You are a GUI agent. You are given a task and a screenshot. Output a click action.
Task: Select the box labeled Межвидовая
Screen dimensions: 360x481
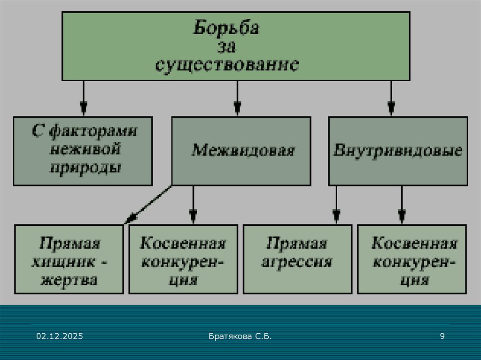tap(241, 151)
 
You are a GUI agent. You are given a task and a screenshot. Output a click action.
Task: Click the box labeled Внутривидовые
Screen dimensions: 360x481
tap(398, 151)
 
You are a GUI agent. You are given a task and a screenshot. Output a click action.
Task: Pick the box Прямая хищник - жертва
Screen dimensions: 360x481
tap(69, 259)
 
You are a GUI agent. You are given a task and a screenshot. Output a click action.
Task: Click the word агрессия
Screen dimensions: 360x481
tap(297, 262)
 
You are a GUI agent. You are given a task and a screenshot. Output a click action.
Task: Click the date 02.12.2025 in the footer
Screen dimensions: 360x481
tap(60, 336)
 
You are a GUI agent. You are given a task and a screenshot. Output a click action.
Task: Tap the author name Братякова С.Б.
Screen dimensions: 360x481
tap(240, 336)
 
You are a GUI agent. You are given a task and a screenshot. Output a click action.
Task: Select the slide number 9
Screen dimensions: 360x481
tap(442, 336)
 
